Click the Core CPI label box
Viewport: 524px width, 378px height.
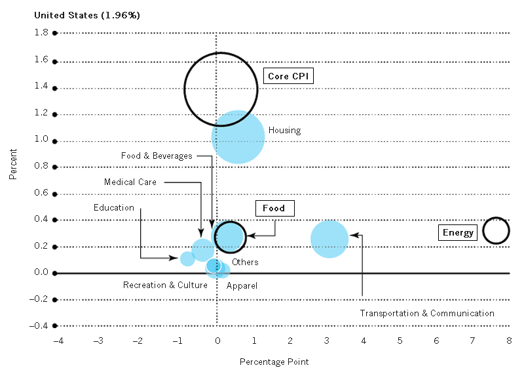tap(288, 76)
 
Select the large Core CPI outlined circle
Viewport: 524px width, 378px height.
tap(184, 89)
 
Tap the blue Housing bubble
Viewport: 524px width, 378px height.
tap(238, 137)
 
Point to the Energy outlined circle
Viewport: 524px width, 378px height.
tap(483, 231)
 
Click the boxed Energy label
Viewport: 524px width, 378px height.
tap(458, 232)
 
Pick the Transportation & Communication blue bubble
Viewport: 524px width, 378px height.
tap(329, 239)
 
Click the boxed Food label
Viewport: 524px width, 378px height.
tap(274, 208)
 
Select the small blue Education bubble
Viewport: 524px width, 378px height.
tap(187, 259)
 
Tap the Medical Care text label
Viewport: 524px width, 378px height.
tap(130, 182)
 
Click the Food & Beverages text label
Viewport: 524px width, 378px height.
tap(157, 156)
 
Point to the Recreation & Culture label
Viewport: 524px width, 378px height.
tap(165, 285)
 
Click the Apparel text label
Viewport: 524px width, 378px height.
tap(242, 286)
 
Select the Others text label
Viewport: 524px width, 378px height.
tap(245, 262)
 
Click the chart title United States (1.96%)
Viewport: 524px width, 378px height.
tap(87, 15)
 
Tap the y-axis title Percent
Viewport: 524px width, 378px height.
tap(12, 164)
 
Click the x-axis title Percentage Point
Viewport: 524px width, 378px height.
tap(274, 362)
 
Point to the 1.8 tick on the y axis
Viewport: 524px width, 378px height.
tap(41, 32)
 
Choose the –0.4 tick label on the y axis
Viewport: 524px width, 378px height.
tap(39, 325)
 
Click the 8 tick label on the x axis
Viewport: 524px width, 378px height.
tap(509, 341)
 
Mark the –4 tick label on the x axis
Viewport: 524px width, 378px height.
tap(58, 341)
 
